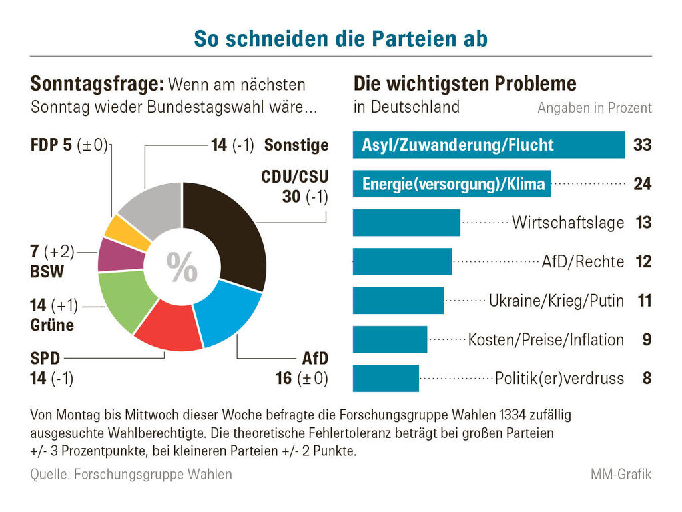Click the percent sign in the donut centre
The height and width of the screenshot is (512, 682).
click(x=182, y=267)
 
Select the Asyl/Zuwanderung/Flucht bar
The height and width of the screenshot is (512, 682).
click(x=488, y=145)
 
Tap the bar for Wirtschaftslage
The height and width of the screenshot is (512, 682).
click(x=406, y=223)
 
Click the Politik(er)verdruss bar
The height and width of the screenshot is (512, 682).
click(x=386, y=379)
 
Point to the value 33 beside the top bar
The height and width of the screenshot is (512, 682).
click(x=642, y=145)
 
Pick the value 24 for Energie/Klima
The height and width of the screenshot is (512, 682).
click(x=642, y=184)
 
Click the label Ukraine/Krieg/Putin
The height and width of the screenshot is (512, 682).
click(x=556, y=301)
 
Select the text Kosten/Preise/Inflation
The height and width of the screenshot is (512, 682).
click(x=546, y=340)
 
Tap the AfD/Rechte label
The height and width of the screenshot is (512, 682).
click(x=583, y=262)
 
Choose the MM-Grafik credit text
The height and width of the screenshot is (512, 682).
click(x=621, y=475)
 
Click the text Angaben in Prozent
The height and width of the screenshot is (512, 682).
click(x=594, y=108)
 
